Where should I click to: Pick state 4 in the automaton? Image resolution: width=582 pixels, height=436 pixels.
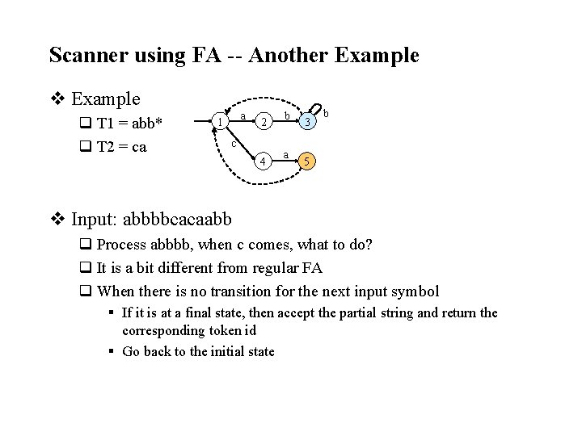(262, 161)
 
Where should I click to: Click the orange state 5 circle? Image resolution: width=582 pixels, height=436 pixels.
(306, 161)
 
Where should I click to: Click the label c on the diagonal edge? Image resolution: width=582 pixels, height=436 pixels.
(234, 144)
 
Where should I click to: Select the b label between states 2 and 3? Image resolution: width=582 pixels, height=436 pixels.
(287, 116)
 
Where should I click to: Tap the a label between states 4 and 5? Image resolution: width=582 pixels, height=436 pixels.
(285, 153)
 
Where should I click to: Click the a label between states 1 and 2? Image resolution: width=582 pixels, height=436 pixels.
(243, 116)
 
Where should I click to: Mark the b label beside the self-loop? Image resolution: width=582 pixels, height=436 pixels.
(325, 114)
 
